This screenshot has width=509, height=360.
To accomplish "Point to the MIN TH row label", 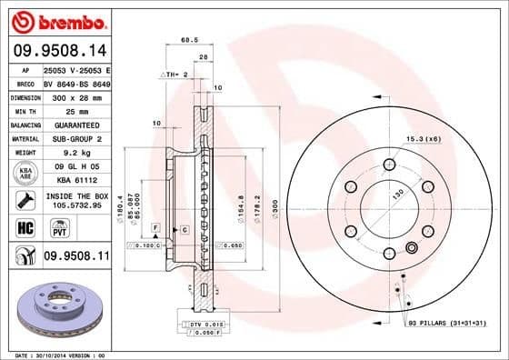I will (x=25, y=109).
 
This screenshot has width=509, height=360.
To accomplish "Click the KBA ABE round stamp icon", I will (x=26, y=173).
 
